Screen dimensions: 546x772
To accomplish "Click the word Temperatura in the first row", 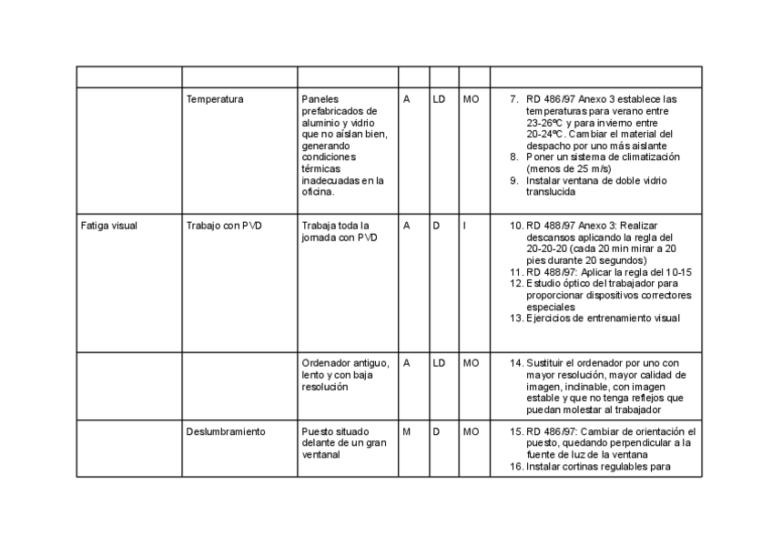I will point(215,98).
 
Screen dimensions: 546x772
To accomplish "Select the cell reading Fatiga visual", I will point(108,226).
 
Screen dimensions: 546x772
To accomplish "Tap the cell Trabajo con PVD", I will point(223,226).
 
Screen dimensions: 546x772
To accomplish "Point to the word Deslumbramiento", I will point(226,431).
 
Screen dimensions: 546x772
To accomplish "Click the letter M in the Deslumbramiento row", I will point(407,431).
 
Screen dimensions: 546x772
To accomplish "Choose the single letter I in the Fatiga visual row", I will point(464,226).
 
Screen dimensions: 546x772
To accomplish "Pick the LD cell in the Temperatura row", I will point(439,98).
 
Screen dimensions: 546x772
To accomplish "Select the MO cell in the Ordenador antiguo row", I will point(471,362).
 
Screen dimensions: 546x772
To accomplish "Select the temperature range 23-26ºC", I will point(548,122).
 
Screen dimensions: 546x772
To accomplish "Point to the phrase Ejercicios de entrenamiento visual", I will point(603,318).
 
